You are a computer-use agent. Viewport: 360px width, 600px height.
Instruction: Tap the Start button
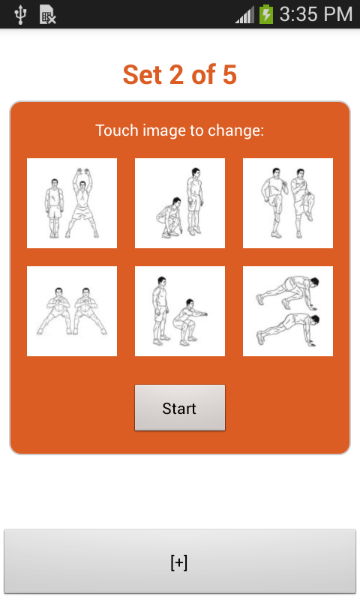(180, 408)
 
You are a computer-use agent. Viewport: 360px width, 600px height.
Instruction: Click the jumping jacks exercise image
(72, 203)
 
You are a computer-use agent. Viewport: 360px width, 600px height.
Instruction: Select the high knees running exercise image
(288, 203)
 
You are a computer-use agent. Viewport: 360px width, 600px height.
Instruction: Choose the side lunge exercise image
(72, 311)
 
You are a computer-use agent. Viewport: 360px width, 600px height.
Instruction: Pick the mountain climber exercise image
(288, 311)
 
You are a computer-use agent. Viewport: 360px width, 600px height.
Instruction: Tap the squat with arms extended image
(180, 311)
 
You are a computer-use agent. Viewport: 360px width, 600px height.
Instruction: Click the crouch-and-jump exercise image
(180, 203)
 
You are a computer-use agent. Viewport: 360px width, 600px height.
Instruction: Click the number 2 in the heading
(176, 74)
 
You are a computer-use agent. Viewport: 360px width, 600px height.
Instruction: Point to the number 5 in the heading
(229, 74)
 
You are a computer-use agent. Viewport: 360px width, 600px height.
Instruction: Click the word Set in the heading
(142, 74)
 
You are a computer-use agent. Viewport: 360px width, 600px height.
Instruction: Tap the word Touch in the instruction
(117, 130)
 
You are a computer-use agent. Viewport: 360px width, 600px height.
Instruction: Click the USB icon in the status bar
(20, 14)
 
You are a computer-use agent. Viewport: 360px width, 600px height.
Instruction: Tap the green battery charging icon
(266, 14)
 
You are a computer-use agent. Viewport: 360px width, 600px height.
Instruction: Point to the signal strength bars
(244, 15)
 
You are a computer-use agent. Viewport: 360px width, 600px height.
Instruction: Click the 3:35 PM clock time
(316, 14)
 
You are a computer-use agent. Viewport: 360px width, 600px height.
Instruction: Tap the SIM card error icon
(47, 15)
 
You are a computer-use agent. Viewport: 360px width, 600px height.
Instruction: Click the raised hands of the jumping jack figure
(82, 172)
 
